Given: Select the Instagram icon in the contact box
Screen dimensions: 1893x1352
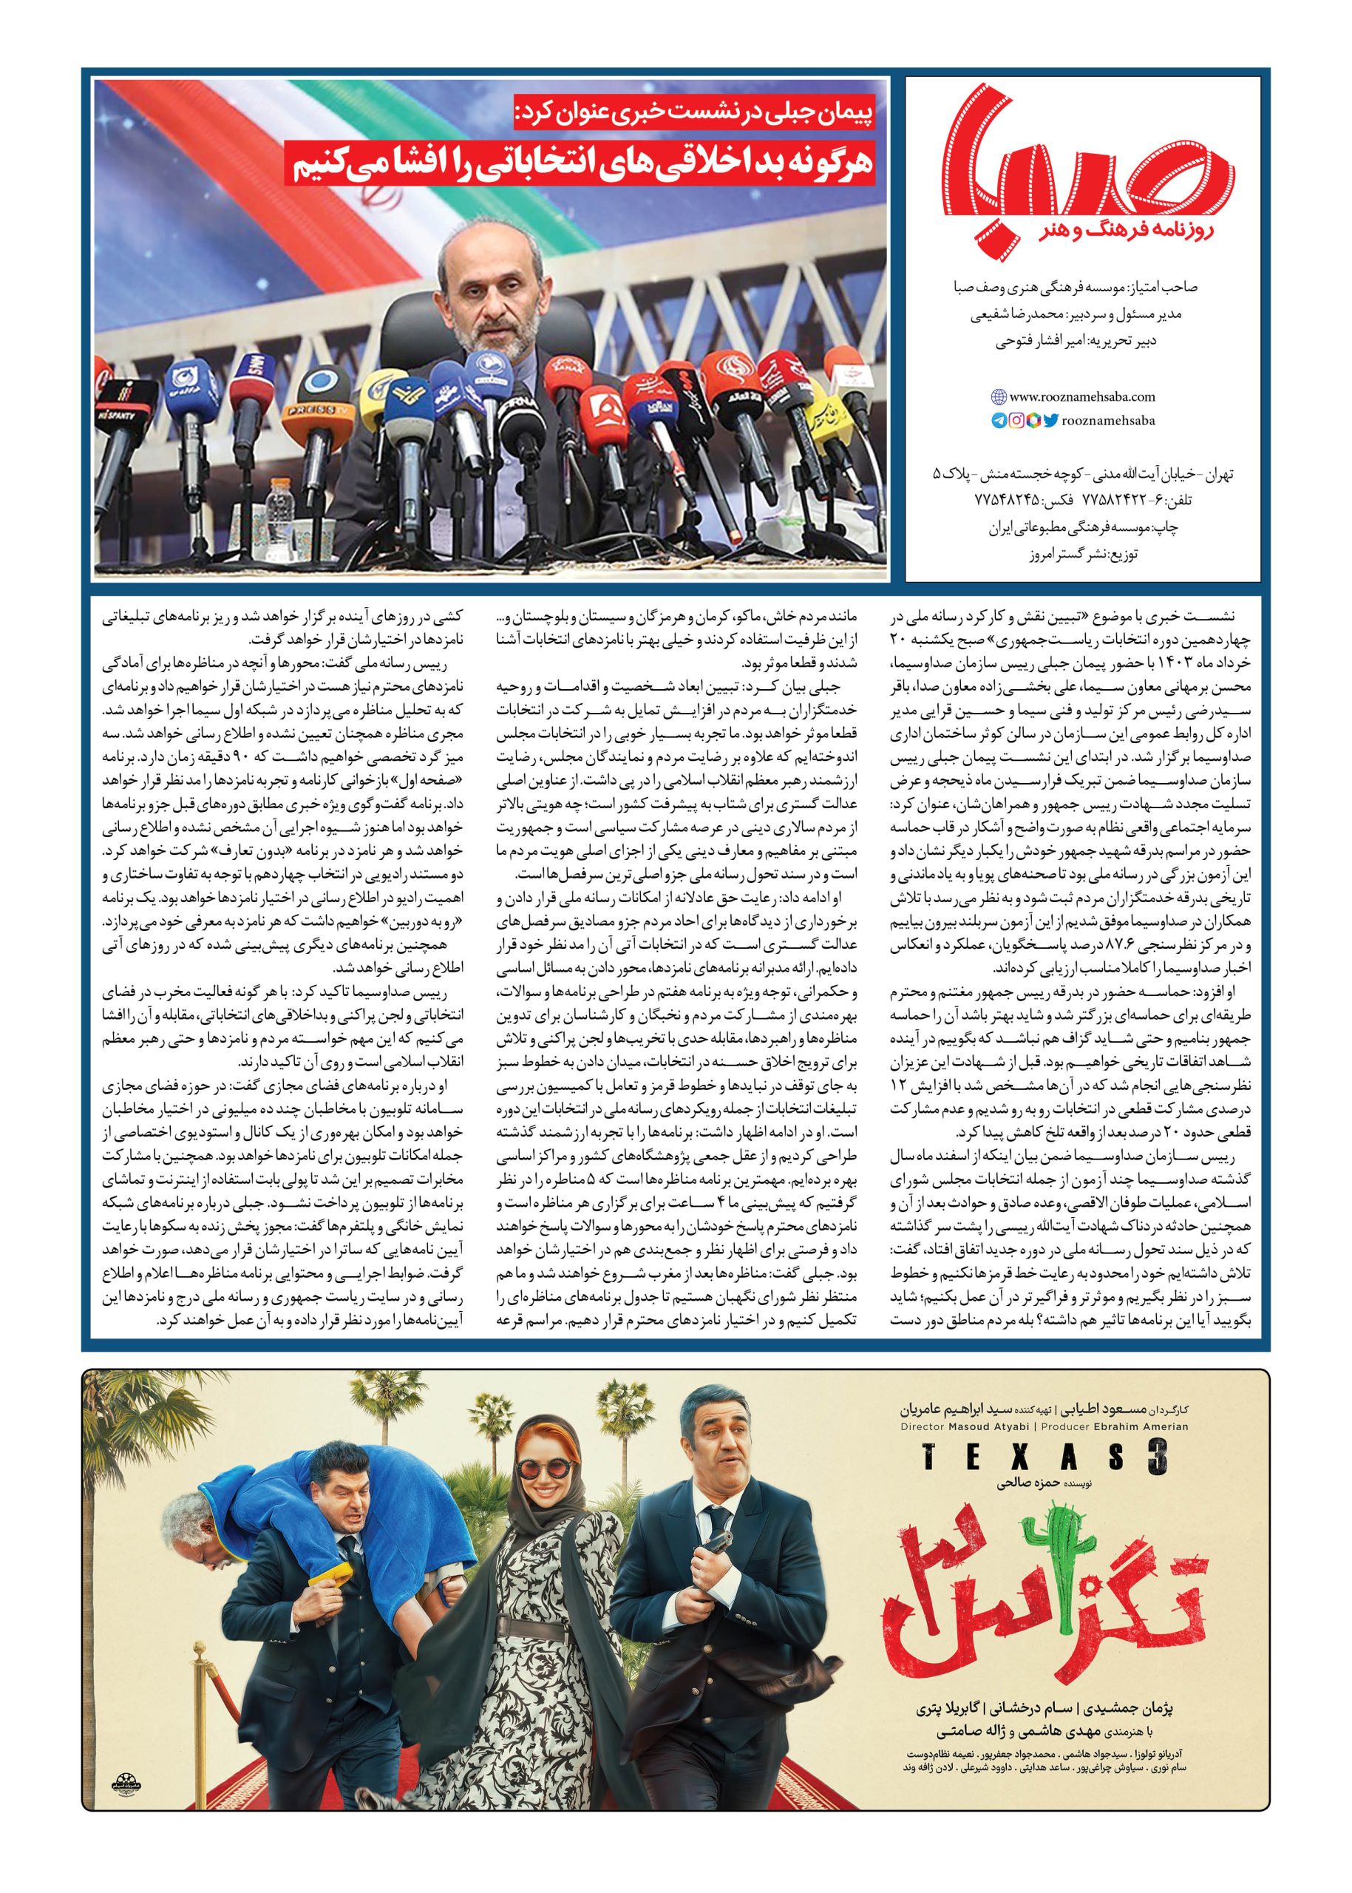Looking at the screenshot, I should point(1016,421).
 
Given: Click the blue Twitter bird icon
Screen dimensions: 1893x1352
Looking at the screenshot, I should point(1051,421).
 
